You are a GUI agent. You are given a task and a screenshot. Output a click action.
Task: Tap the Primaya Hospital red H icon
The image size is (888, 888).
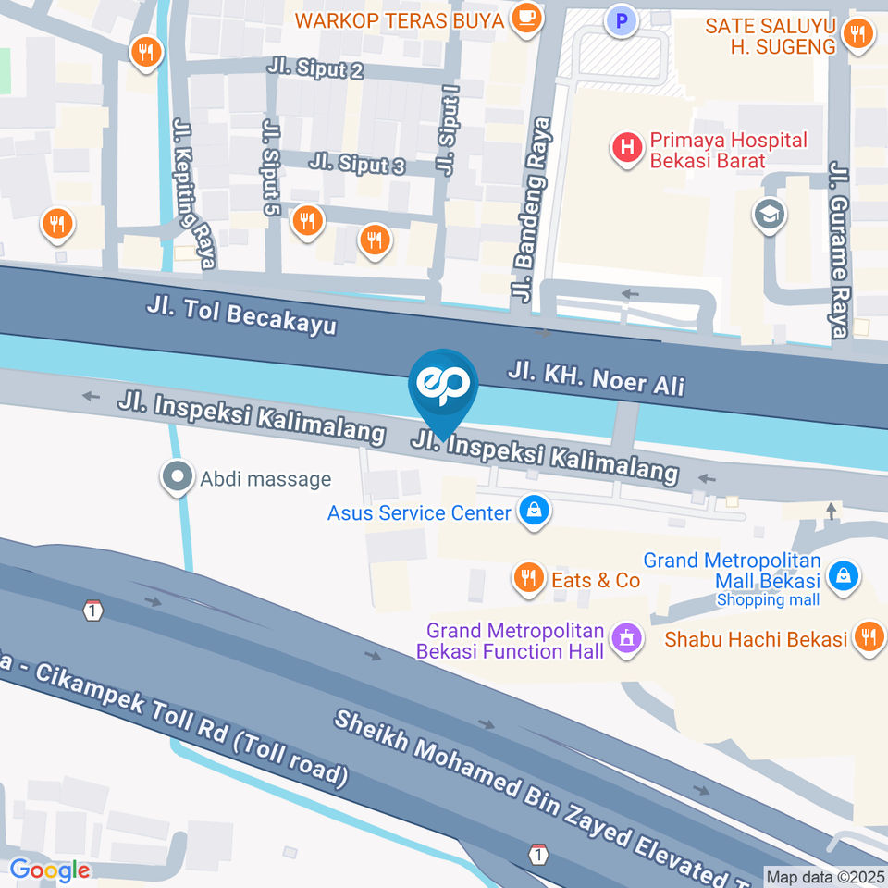pyautogui.click(x=628, y=146)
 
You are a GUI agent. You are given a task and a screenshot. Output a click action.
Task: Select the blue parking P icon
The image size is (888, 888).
pyautogui.click(x=622, y=18)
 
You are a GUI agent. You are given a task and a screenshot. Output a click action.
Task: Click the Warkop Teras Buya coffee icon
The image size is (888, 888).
pyautogui.click(x=526, y=18)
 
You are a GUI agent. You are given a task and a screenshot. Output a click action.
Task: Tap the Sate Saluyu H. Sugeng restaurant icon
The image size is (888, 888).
pyautogui.click(x=857, y=35)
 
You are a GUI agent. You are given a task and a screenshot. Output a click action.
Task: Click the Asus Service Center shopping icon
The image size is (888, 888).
pyautogui.click(x=533, y=511)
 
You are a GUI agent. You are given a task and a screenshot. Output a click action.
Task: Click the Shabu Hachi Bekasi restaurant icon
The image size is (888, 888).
pyautogui.click(x=868, y=637)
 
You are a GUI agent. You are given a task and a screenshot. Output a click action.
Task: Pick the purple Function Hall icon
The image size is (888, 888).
pyautogui.click(x=626, y=638)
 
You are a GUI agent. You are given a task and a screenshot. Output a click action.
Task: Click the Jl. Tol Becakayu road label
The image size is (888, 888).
pyautogui.click(x=240, y=315)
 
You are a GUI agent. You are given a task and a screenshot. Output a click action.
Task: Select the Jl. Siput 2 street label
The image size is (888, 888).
pyautogui.click(x=314, y=68)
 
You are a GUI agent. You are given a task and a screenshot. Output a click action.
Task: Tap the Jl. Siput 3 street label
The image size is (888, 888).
pyautogui.click(x=357, y=165)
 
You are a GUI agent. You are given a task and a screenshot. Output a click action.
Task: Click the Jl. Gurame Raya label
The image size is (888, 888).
pyautogui.click(x=839, y=251)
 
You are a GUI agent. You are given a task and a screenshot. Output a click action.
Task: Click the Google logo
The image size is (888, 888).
pyautogui.click(x=50, y=869)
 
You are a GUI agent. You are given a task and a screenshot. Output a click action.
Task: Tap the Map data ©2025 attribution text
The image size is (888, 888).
pyautogui.click(x=825, y=875)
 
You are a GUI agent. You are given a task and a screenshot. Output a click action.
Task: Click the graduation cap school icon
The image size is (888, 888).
pyautogui.click(x=770, y=215)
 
